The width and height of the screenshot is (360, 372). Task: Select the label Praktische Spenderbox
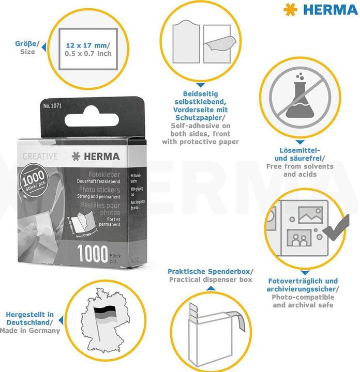[x=209, y=271]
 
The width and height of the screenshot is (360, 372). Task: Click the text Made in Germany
[x=30, y=331]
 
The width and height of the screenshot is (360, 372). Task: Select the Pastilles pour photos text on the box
[x=100, y=209]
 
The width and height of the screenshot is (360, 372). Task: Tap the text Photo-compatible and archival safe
[x=303, y=301]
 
